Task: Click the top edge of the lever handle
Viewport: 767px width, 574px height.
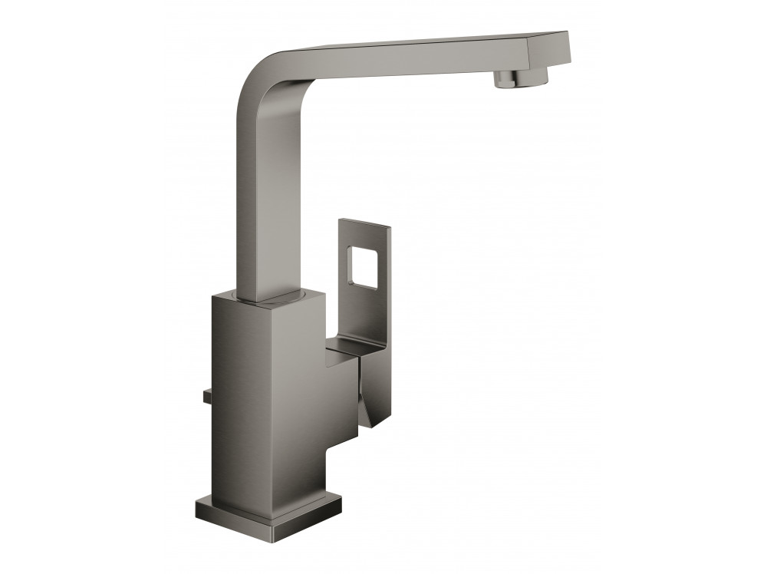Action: [x=364, y=223]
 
